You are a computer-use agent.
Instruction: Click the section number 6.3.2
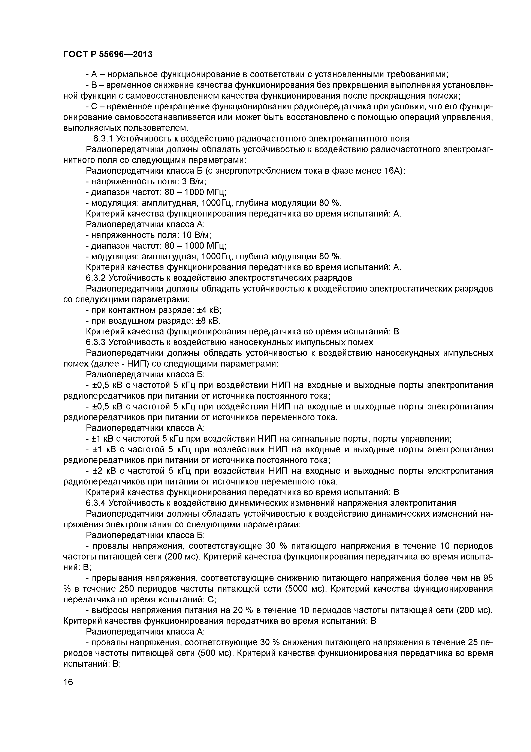click(x=96, y=278)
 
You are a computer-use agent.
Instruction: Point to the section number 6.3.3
click(x=96, y=342)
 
